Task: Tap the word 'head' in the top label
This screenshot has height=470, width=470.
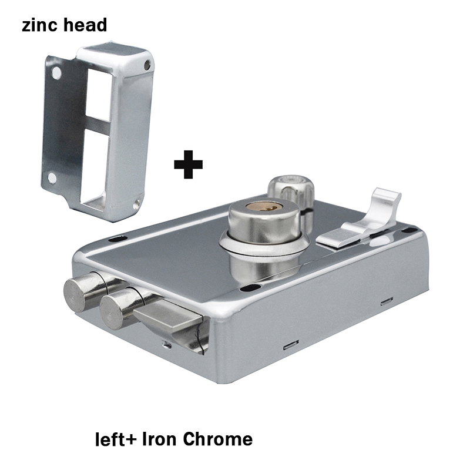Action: (86, 25)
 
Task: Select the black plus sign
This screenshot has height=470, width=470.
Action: (188, 163)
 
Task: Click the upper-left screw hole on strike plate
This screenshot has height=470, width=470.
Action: (57, 74)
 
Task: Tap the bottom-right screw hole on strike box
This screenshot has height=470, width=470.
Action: (137, 205)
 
